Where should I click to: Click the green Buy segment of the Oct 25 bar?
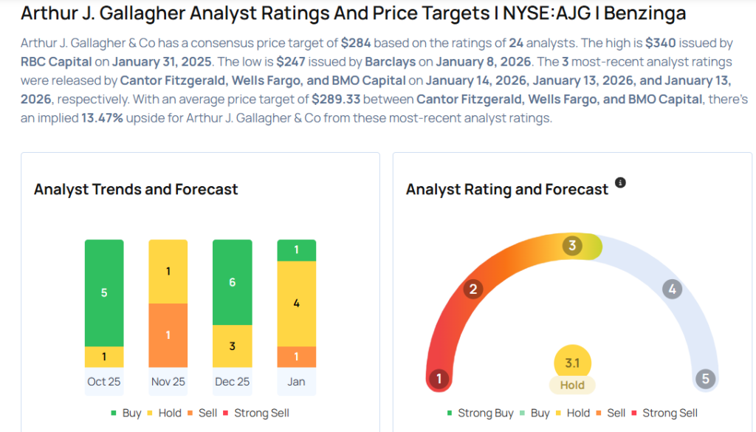(x=104, y=292)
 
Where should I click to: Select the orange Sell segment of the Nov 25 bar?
(x=168, y=335)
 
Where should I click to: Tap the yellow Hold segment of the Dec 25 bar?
(x=232, y=346)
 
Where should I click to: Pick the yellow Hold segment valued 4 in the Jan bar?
(x=296, y=304)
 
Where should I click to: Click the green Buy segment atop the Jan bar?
(x=296, y=250)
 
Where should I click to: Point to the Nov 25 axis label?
(x=168, y=382)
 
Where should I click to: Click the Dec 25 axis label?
(x=232, y=382)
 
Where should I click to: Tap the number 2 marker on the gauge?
(x=472, y=289)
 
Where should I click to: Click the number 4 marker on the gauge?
(x=671, y=289)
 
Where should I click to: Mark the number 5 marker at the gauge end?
(x=705, y=379)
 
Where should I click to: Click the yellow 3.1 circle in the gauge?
(x=572, y=363)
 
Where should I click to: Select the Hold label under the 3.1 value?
(x=572, y=385)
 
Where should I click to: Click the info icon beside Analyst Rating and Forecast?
(x=620, y=182)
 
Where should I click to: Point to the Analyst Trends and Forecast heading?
(x=136, y=189)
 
